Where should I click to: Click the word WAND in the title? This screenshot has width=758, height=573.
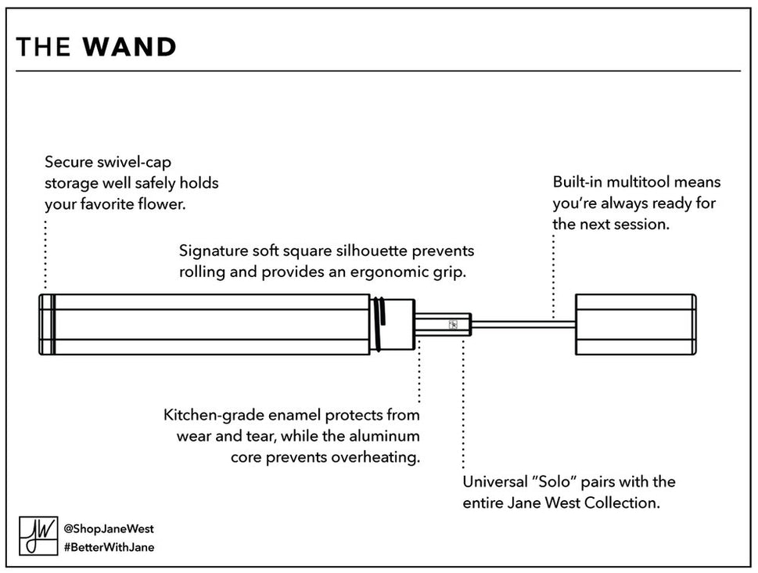coord(130,48)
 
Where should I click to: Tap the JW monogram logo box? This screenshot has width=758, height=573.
coord(36,536)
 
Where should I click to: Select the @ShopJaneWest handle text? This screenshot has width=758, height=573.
coord(108,528)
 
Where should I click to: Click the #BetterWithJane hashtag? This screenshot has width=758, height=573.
coord(109,547)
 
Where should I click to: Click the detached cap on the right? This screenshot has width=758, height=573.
coord(635,324)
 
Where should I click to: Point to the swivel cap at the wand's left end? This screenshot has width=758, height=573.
coord(46,324)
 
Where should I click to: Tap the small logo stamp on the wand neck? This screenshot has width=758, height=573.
coord(452,324)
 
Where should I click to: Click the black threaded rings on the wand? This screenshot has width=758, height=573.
coord(379,324)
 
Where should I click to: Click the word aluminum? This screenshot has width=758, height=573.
coord(385,435)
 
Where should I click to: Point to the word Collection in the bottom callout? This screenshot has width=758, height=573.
coord(624,503)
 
